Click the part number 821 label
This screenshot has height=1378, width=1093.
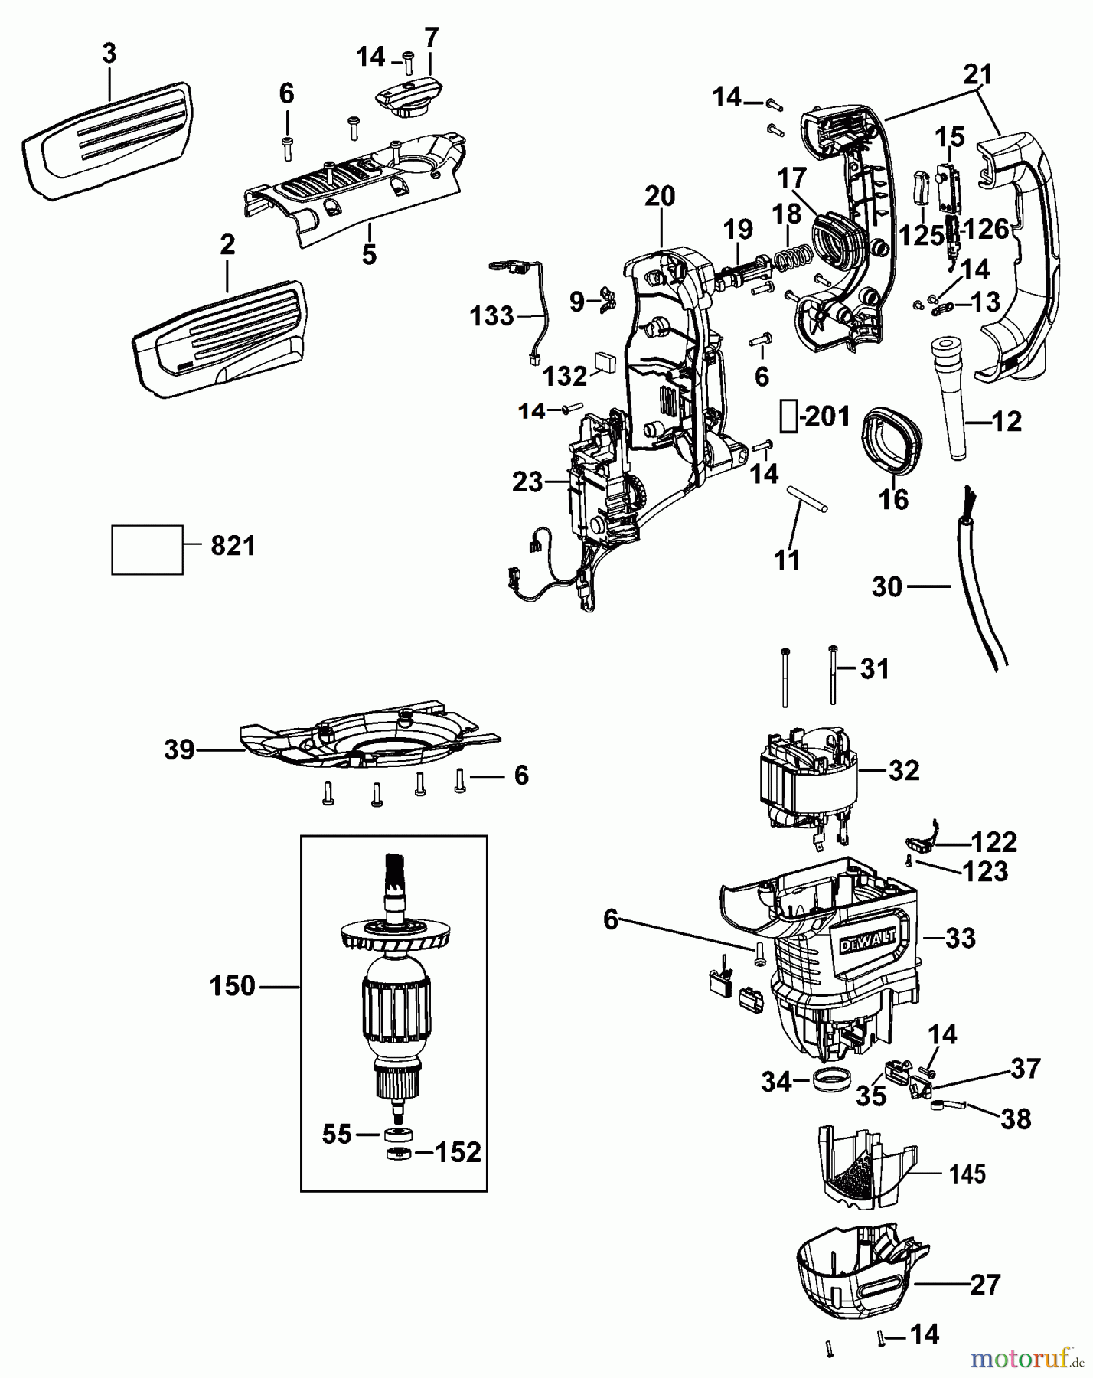pyautogui.click(x=233, y=547)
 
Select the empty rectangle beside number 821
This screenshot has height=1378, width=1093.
pyautogui.click(x=147, y=550)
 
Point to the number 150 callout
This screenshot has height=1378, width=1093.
pyautogui.click(x=233, y=986)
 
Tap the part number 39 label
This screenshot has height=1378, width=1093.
pyautogui.click(x=180, y=750)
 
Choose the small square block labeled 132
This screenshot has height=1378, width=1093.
pyautogui.click(x=605, y=361)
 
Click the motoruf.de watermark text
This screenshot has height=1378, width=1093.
pyautogui.click(x=1026, y=1359)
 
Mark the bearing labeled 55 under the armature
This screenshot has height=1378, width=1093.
pyautogui.click(x=396, y=1134)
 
